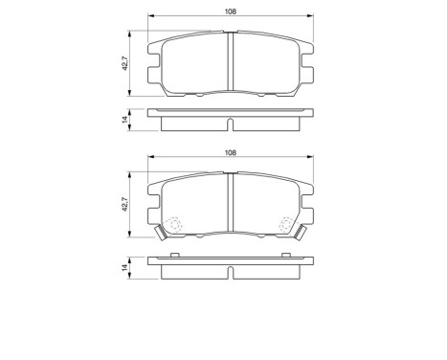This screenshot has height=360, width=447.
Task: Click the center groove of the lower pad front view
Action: pos(231,205)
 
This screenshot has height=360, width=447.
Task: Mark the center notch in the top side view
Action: pos(231,124)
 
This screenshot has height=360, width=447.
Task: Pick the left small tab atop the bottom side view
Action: pos(175,255)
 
